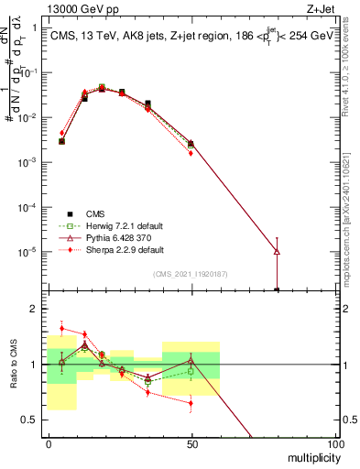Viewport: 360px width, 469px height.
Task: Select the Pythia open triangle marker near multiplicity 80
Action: click(277, 251)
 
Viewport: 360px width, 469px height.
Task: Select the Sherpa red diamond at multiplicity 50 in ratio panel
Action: click(191, 403)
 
